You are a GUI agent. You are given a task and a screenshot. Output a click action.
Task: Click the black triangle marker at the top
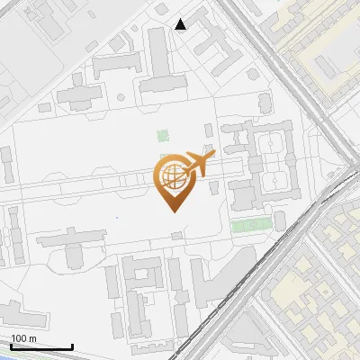181,24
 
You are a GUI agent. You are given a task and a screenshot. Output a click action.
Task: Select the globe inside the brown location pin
172,175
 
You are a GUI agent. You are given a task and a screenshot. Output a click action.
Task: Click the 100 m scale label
23,338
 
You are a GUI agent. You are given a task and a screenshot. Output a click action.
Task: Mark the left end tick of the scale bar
10,346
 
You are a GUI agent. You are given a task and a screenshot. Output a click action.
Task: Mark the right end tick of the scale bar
72,346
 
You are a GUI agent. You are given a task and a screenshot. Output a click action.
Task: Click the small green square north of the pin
163,136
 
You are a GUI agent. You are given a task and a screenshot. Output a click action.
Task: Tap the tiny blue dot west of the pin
117,217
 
